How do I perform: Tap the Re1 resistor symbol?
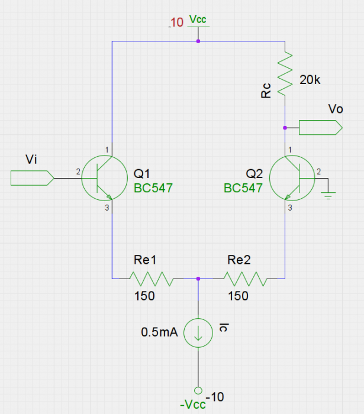click(150, 279)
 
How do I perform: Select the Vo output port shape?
click(320, 127)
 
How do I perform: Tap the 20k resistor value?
click(310, 80)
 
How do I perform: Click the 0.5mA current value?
click(159, 332)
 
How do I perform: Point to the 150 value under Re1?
click(144, 296)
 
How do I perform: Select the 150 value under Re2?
click(238, 296)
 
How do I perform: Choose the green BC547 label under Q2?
click(243, 189)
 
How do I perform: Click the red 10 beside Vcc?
click(178, 23)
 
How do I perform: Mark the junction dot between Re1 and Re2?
click(198, 279)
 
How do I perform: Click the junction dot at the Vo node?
click(285, 127)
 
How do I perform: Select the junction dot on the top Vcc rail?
click(198, 41)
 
